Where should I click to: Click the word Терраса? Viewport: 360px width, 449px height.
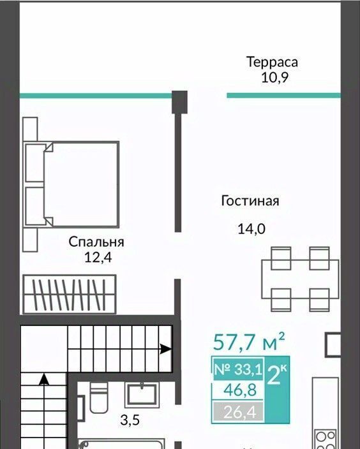272,62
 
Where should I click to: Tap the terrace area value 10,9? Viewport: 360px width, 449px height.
274,78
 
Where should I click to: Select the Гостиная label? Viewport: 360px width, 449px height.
250,201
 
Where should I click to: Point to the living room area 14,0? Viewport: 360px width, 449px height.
251,229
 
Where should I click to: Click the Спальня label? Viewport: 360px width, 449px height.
96,242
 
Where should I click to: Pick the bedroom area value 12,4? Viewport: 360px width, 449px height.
98,258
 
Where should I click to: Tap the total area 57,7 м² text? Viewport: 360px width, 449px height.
249,342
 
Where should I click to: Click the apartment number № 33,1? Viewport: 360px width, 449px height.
238,369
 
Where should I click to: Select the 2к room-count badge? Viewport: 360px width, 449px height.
276,376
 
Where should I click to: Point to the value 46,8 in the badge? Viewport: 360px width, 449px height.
240,390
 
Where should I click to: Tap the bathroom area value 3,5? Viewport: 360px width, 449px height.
130,420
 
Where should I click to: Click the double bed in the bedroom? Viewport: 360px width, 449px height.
71,184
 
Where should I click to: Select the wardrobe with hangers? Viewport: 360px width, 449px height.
70,294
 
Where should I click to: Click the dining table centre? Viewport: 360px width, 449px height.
300,279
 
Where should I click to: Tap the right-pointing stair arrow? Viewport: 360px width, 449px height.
165,349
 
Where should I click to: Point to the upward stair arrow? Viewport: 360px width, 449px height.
44,379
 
